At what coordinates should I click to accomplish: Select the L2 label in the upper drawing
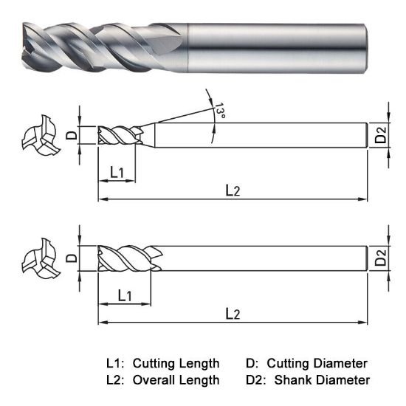coord(233,190)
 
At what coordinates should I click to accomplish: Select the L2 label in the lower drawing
coord(233,314)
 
